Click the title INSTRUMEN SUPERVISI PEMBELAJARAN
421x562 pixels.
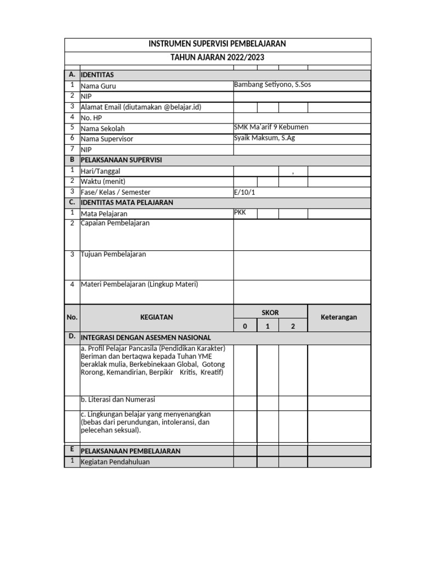pyautogui.click(x=218, y=44)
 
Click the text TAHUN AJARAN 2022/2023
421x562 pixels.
pyautogui.click(x=218, y=57)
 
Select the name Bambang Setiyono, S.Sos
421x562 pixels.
pyautogui.click(x=272, y=85)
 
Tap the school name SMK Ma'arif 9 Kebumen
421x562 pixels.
pyautogui.click(x=271, y=127)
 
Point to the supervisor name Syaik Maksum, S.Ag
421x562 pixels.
pyautogui.click(x=264, y=138)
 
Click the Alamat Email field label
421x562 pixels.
pyautogui.click(x=141, y=107)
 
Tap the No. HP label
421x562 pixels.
pyautogui.click(x=92, y=117)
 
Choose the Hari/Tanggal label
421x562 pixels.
pyautogui.click(x=100, y=171)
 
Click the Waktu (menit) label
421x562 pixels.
pyautogui.click(x=101, y=181)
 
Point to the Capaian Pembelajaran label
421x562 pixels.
pyautogui.click(x=115, y=223)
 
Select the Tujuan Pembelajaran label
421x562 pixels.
pyautogui.click(x=113, y=255)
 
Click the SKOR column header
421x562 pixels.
pyautogui.click(x=270, y=312)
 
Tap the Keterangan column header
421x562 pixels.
pyautogui.click(x=339, y=317)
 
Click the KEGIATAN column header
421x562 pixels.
pyautogui.click(x=156, y=317)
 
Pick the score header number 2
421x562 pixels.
pyautogui.click(x=293, y=326)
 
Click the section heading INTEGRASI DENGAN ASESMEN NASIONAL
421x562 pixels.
pyautogui.click(x=146, y=338)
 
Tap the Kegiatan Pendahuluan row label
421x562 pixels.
pyautogui.click(x=115, y=462)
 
